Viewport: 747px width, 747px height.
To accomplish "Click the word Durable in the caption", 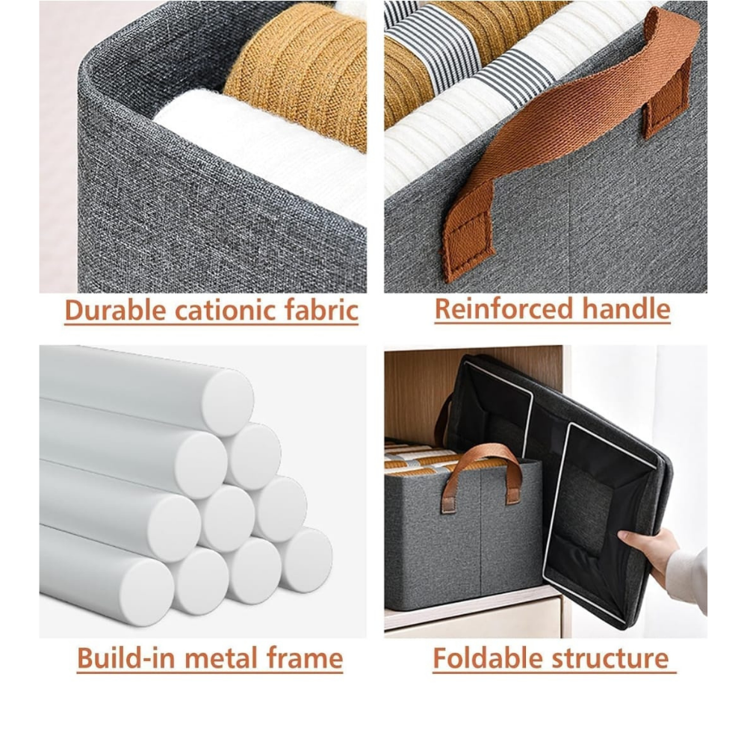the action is [116, 310].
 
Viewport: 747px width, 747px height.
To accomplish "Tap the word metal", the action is [221, 658].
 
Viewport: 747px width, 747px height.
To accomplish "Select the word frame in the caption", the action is [305, 658].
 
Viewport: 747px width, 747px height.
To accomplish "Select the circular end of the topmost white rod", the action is [227, 403].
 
